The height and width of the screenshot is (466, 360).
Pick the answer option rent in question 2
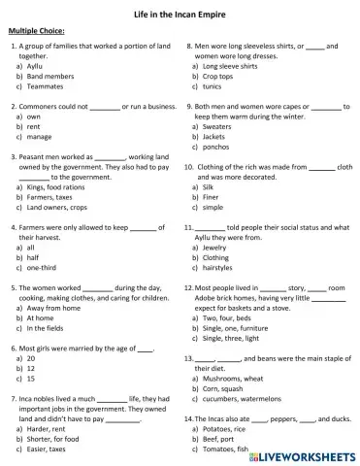click(x=34, y=125)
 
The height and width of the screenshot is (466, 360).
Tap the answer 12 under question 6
click(x=31, y=368)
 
